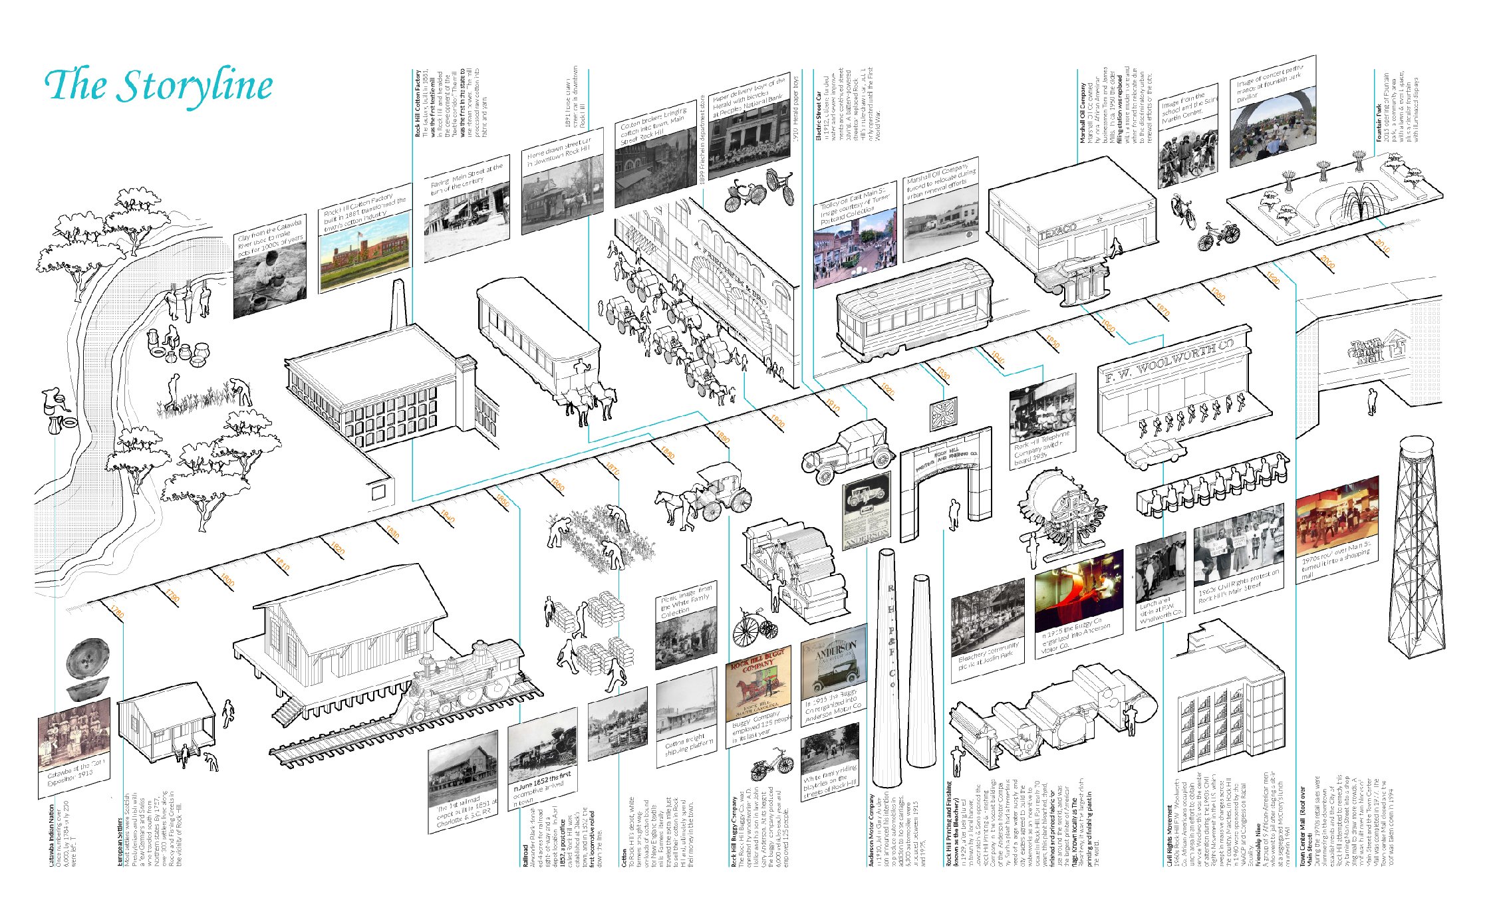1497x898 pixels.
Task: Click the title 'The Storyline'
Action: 158,86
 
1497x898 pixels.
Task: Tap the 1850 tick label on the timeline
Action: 503,501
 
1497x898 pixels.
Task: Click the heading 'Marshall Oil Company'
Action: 1083,113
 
